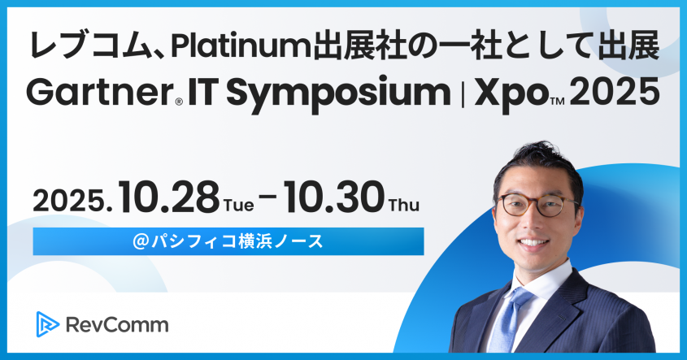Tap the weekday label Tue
[x=240, y=205]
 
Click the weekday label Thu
[x=404, y=205]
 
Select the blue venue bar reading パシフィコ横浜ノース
[x=228, y=241]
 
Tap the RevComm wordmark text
[x=117, y=325]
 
